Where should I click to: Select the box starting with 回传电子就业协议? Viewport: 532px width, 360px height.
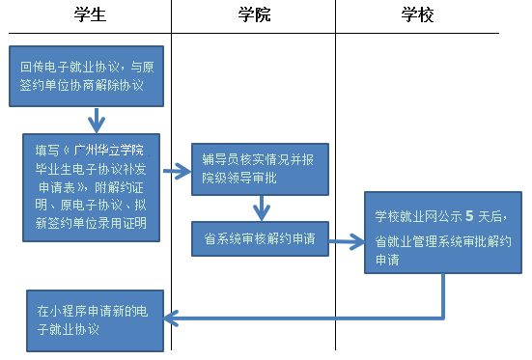coord(88,76)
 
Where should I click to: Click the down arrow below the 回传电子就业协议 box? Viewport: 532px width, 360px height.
coord(96,122)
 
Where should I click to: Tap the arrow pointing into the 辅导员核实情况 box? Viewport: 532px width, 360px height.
coord(177,171)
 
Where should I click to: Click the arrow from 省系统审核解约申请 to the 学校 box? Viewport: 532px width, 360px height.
coord(348,235)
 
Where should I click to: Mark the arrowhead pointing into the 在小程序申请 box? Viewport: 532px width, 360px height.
coord(172,316)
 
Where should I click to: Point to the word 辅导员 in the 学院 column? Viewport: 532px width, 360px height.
coord(218,156)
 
